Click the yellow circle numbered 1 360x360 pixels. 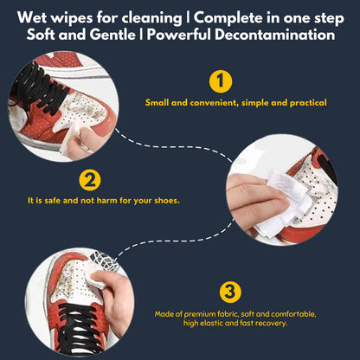(x=222, y=81)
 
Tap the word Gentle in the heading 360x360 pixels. (x=119, y=35)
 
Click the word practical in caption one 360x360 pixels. (x=300, y=103)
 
